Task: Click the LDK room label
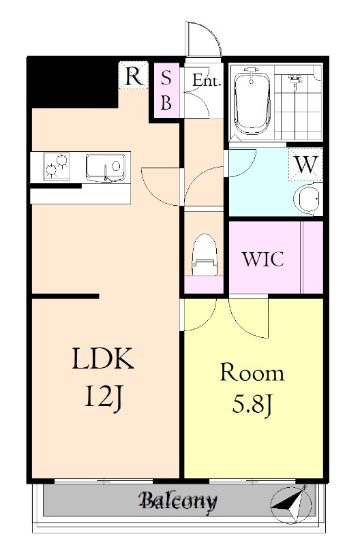[104, 359]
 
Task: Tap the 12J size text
[103, 397]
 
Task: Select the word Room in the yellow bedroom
[252, 373]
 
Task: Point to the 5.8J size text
[252, 405]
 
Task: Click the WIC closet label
[263, 259]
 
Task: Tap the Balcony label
[178, 501]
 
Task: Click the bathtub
[252, 103]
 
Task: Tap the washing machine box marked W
[305, 164]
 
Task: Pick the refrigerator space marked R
[134, 76]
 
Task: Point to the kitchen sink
[105, 167]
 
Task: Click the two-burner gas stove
[57, 166]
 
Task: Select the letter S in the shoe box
[166, 77]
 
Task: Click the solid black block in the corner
[72, 82]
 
